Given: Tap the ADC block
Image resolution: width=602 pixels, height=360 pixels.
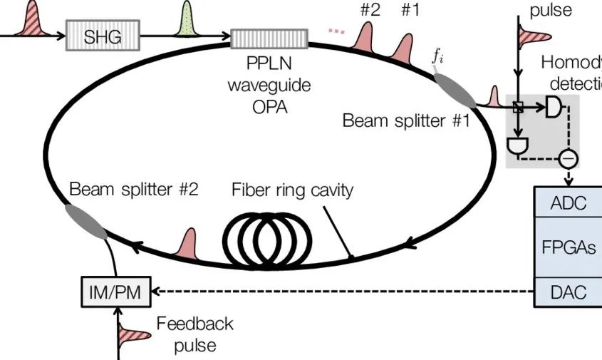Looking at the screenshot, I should click(569, 203).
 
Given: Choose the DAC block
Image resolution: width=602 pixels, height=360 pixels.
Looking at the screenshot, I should click(569, 292).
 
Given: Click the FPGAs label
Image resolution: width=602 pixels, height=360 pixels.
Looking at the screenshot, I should click(569, 247).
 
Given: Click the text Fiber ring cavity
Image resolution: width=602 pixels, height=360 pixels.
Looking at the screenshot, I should click(292, 190).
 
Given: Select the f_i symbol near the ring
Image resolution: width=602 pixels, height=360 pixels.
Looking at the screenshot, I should click(440, 58).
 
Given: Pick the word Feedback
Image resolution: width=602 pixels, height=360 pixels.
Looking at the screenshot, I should click(194, 324).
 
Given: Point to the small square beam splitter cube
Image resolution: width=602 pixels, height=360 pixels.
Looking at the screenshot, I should click(519, 108).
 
